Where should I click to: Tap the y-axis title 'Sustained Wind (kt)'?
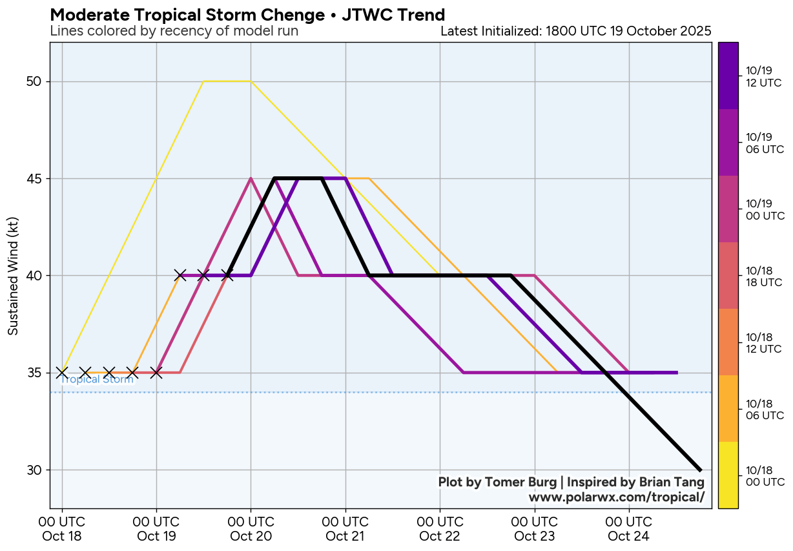13,276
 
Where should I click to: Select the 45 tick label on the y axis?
34,178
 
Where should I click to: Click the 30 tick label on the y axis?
34,470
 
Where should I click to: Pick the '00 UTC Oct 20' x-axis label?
251,528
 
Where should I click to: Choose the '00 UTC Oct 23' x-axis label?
535,528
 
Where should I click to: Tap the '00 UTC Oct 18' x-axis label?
62,528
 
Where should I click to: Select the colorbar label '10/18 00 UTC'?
765,475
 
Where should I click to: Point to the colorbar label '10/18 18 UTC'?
764,276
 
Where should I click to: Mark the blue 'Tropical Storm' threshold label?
97,380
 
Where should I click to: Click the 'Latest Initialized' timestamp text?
575,31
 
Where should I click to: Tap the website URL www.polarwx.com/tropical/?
616,497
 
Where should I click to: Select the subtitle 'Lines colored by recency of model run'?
174,31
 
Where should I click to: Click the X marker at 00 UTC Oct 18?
62,373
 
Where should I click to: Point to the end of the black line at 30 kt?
700,470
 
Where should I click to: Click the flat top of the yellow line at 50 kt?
227,81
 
